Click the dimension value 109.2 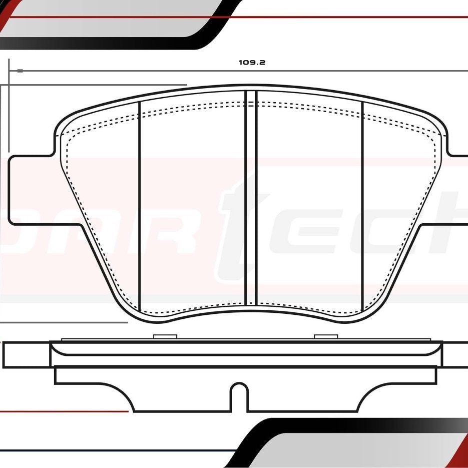[251, 63]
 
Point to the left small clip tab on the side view [162, 336]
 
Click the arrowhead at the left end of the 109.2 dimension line [20, 71]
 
